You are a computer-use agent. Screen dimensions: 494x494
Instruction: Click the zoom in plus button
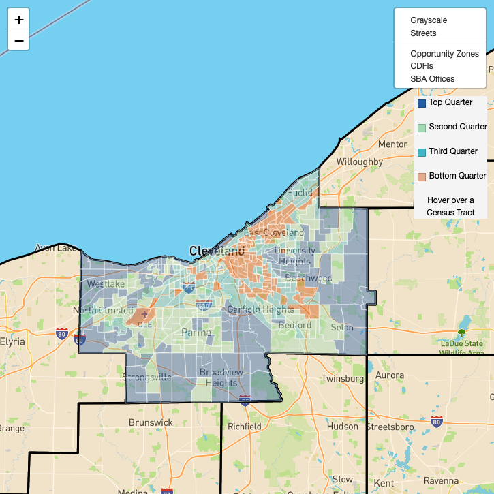19,19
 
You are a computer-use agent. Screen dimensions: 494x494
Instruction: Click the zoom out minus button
19,41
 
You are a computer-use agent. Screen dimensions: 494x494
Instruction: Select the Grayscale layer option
429,20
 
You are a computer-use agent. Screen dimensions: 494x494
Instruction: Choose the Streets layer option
423,33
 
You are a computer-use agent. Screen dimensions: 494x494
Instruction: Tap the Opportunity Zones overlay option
444,54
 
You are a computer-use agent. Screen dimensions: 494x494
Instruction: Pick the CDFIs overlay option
422,66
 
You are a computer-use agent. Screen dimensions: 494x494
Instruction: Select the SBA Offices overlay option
432,79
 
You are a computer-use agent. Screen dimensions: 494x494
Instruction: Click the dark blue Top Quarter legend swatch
422,103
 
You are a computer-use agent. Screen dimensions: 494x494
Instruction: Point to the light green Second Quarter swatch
422,127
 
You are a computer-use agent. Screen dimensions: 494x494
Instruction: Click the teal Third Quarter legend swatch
422,152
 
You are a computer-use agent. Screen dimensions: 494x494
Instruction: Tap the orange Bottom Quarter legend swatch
422,176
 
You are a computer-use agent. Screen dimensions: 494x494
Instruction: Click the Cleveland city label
217,251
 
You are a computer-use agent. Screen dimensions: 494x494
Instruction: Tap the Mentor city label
392,144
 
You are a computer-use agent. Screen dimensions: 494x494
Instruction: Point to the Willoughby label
360,162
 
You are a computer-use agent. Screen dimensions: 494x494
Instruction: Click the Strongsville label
147,377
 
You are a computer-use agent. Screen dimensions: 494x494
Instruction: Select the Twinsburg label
343,378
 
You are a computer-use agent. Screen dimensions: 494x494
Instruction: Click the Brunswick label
151,422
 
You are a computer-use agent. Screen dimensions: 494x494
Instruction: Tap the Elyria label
12,341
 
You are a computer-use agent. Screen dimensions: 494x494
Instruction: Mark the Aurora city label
389,375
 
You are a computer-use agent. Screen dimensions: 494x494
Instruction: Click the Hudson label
342,427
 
